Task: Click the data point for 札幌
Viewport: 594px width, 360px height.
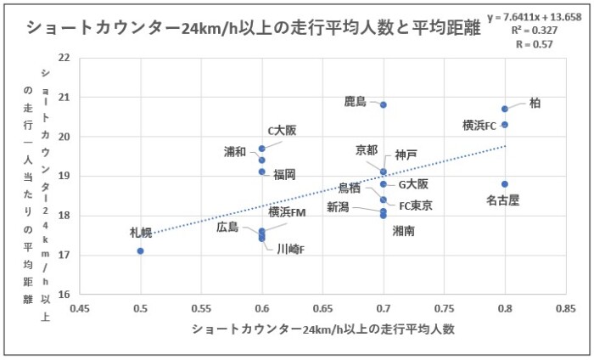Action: (140, 250)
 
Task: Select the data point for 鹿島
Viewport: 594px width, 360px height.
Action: (384, 104)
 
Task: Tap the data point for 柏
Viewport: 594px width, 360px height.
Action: (505, 109)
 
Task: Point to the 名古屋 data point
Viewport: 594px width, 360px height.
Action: (505, 183)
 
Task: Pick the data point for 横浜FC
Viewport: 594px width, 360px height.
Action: (505, 125)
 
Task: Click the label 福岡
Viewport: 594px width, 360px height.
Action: (284, 174)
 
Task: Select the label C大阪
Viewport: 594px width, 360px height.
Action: (283, 131)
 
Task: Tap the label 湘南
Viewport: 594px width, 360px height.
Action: (403, 230)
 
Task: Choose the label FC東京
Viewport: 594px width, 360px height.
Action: (416, 205)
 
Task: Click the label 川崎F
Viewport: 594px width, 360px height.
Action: (291, 249)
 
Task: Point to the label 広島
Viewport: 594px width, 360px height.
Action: (228, 227)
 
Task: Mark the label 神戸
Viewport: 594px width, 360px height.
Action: (406, 155)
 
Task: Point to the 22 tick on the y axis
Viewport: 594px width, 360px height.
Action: (64, 58)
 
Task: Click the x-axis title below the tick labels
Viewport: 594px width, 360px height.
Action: (323, 329)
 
